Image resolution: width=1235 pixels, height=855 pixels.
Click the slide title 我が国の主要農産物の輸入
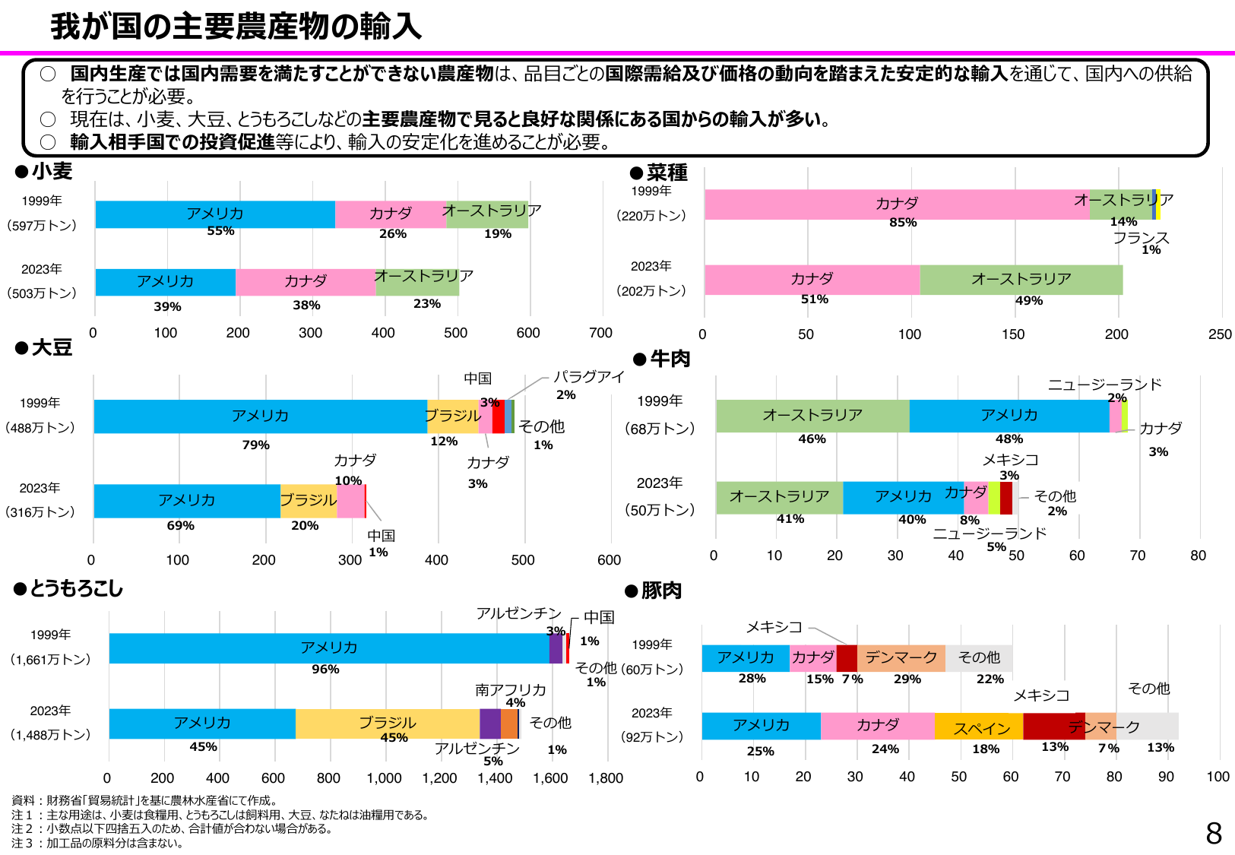pos(236,27)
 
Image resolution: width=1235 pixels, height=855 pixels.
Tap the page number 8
pos(1214,834)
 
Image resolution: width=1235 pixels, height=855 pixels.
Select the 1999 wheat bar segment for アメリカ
pos(215,214)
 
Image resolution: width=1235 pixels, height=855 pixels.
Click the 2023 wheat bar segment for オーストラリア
pos(417,283)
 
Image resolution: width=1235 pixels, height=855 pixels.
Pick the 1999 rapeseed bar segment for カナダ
pos(896,204)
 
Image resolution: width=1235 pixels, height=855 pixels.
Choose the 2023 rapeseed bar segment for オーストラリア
pos(1021,280)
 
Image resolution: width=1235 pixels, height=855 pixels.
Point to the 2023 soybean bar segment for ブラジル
pos(309,501)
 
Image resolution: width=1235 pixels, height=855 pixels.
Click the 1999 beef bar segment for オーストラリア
pos(812,416)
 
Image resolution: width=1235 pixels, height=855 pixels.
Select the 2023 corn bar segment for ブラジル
pos(387,724)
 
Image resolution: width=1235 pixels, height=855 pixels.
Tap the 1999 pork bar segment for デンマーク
pos(901,658)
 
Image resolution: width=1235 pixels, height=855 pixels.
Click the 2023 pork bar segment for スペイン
pos(978,727)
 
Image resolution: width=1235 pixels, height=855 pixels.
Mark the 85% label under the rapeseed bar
pos(903,223)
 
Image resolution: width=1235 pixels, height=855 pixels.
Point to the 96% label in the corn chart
pos(325,670)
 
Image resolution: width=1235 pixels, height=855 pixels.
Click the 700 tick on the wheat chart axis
pos(600,333)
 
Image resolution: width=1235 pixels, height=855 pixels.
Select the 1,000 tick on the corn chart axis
pos(384,778)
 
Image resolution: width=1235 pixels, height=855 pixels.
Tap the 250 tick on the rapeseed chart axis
pos(1220,334)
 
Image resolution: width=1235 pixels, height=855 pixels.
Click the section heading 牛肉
pos(670,359)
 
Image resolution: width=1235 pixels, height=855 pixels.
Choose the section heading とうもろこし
pos(76,589)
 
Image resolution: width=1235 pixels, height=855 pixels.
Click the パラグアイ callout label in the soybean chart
pos(588,377)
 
